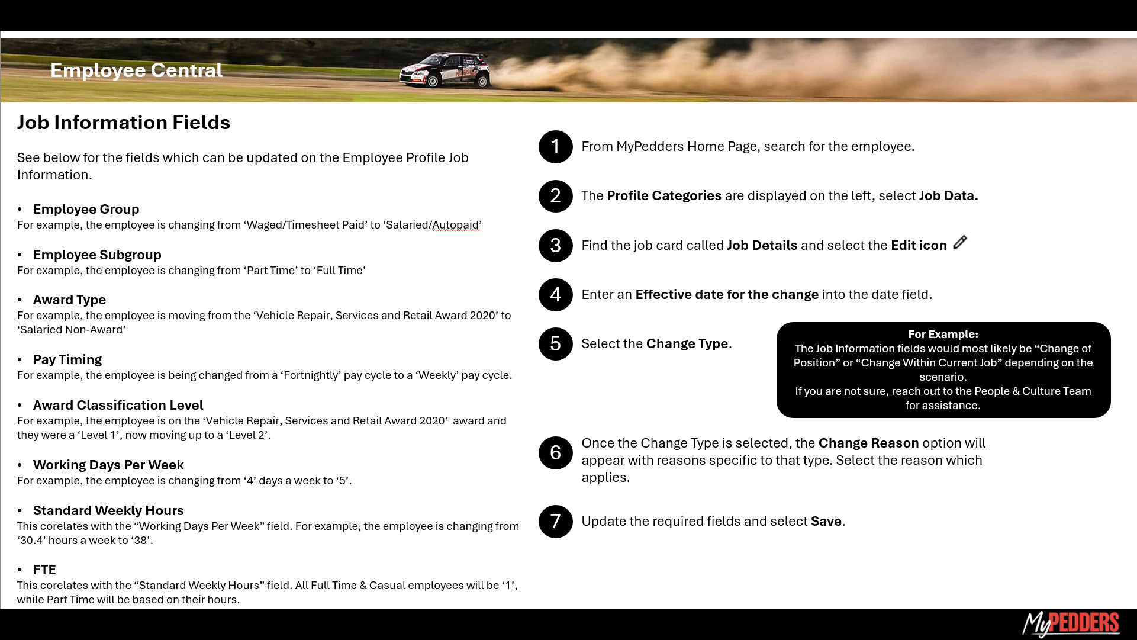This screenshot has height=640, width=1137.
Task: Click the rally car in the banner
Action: tap(445, 70)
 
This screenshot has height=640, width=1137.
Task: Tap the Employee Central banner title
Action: tap(136, 70)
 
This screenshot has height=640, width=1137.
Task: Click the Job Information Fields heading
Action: tap(123, 123)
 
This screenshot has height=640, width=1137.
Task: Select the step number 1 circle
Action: tap(555, 147)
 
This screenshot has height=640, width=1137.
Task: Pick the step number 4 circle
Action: tap(555, 295)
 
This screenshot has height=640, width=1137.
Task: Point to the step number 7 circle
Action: tap(555, 522)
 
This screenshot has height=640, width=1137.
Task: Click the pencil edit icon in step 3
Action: tap(960, 243)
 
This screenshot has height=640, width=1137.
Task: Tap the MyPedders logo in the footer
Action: tap(1071, 624)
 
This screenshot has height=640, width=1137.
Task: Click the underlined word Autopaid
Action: tap(456, 225)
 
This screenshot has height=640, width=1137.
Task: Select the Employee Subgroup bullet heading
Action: tap(97, 255)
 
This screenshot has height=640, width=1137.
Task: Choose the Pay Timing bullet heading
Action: tap(67, 360)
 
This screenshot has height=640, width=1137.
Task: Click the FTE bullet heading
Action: tap(44, 570)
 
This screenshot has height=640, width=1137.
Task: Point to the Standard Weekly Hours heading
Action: tap(108, 511)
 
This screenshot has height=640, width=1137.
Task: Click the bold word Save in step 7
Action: tap(826, 522)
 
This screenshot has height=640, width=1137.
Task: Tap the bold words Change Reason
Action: tap(868, 443)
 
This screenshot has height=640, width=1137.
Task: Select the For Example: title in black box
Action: tap(943, 335)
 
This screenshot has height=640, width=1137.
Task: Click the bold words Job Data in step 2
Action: tap(948, 196)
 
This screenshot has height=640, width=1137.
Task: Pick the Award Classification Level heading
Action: tap(118, 406)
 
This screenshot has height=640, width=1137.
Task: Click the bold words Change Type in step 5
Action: tap(687, 344)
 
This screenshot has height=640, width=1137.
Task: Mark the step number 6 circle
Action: tap(555, 453)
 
